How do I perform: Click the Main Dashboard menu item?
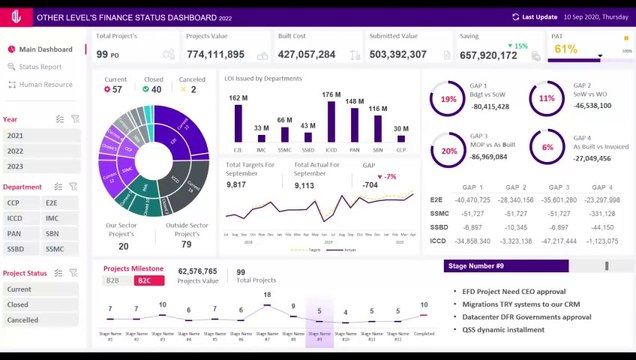coord(45,49)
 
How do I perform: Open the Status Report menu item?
coord(40,67)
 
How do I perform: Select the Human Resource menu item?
coord(45,85)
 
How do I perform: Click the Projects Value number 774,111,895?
coord(215,55)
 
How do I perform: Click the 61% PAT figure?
coord(565,49)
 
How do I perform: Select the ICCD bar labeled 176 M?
coord(331,124)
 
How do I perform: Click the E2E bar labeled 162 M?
coord(238,124)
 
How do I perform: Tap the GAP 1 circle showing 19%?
coord(448,99)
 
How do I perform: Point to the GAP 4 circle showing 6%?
coord(547,148)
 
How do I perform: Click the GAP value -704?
coord(370,185)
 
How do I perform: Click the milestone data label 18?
coord(267,295)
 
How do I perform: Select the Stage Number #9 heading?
coord(475,266)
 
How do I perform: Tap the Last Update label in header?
coord(539,17)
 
